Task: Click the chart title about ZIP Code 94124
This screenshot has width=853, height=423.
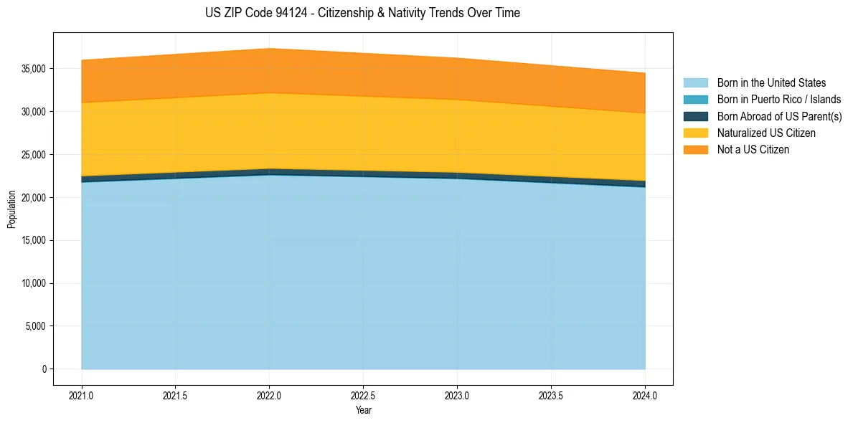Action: pos(363,13)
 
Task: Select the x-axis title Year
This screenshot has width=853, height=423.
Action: pos(364,410)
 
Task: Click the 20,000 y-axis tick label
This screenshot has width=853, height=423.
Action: pos(35,198)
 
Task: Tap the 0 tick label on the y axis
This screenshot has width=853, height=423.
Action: pos(44,369)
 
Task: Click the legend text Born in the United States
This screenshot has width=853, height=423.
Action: pos(771,83)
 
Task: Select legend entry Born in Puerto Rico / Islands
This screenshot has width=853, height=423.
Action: pos(779,100)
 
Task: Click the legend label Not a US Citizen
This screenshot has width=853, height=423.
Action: pos(753,150)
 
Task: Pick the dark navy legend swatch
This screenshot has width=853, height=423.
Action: pos(696,116)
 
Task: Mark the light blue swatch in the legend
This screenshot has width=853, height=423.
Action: pos(696,83)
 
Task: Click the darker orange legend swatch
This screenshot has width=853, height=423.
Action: pos(696,150)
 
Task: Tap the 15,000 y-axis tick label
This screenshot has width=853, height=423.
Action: pos(35,240)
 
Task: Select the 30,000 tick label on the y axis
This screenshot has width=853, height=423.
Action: pos(35,112)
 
